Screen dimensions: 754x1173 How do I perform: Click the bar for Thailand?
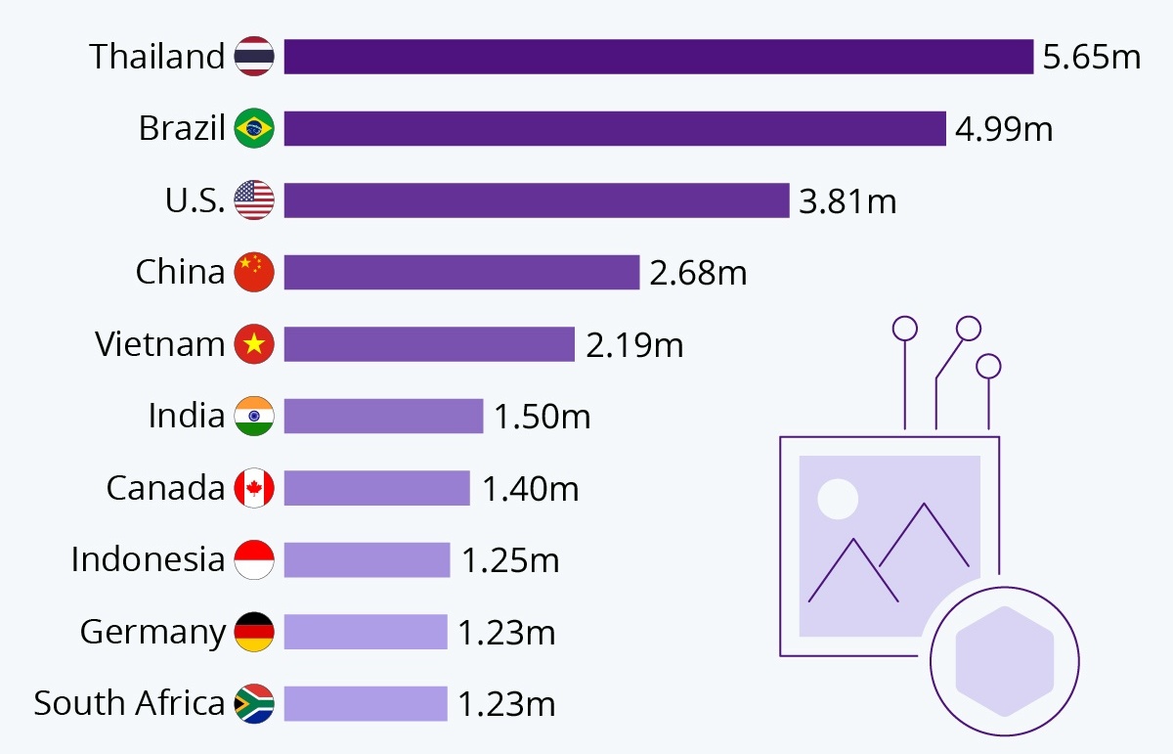pos(658,57)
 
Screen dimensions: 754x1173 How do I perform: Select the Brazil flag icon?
pos(254,128)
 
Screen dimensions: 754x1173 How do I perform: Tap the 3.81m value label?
pos(847,200)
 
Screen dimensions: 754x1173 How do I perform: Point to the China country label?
pos(180,272)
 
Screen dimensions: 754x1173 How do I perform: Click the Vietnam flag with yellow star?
pos(254,344)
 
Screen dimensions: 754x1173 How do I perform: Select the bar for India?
pos(383,416)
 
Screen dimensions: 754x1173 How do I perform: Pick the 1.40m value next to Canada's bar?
pos(531,488)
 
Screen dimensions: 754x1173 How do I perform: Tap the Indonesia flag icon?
pos(254,559)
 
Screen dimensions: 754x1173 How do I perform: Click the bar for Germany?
pos(366,632)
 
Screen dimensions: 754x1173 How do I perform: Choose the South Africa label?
pos(129,703)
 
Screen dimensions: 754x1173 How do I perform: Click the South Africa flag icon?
pos(254,703)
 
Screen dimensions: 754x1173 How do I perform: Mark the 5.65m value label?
pos(1092,57)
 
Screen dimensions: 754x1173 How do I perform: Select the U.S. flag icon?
pos(254,200)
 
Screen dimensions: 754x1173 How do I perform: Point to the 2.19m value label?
pos(634,344)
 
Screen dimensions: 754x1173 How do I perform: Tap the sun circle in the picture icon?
pos(838,499)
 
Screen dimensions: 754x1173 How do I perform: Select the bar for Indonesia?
pos(367,559)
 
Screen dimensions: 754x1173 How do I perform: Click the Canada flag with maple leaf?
pos(254,488)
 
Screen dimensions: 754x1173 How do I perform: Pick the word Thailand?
pos(157,57)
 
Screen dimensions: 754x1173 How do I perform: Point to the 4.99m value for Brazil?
pos(1005,128)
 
